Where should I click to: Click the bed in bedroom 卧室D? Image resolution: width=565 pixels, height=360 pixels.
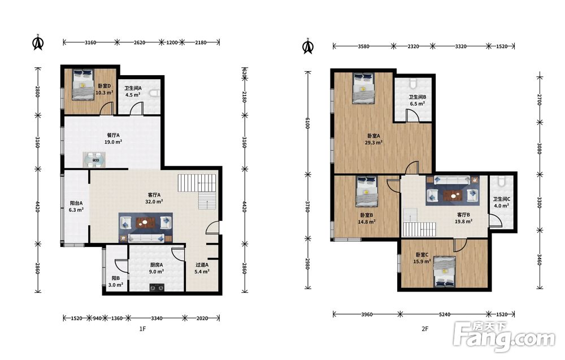[x=82, y=84]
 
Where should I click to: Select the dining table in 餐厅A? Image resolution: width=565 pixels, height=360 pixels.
[x=95, y=159]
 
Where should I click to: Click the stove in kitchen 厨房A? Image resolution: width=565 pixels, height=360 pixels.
[x=157, y=287]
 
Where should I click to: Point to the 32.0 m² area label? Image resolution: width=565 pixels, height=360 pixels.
[x=154, y=202]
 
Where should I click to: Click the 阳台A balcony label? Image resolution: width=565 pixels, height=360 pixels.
[x=76, y=203]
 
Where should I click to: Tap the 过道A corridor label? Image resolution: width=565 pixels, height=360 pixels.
[x=202, y=265]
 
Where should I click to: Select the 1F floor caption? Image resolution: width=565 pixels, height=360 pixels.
[x=142, y=329]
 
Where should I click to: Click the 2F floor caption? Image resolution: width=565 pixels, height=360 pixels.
[x=425, y=329]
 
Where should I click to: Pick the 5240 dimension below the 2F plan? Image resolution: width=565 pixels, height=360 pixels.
[x=444, y=314]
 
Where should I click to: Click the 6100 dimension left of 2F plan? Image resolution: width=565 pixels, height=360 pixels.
[x=307, y=123]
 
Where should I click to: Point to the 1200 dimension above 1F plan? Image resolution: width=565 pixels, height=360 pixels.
[x=172, y=42]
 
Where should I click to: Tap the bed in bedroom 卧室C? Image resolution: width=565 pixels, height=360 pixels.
[x=444, y=271]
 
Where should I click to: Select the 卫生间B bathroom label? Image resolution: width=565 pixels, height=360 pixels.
[x=418, y=97]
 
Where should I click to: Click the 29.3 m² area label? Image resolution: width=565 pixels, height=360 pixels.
[x=373, y=142]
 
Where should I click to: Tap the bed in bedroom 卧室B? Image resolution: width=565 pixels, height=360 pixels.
[x=367, y=192]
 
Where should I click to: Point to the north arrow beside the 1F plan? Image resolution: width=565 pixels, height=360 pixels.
[x=37, y=42]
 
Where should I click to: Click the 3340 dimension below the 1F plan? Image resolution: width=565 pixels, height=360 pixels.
[x=157, y=318]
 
